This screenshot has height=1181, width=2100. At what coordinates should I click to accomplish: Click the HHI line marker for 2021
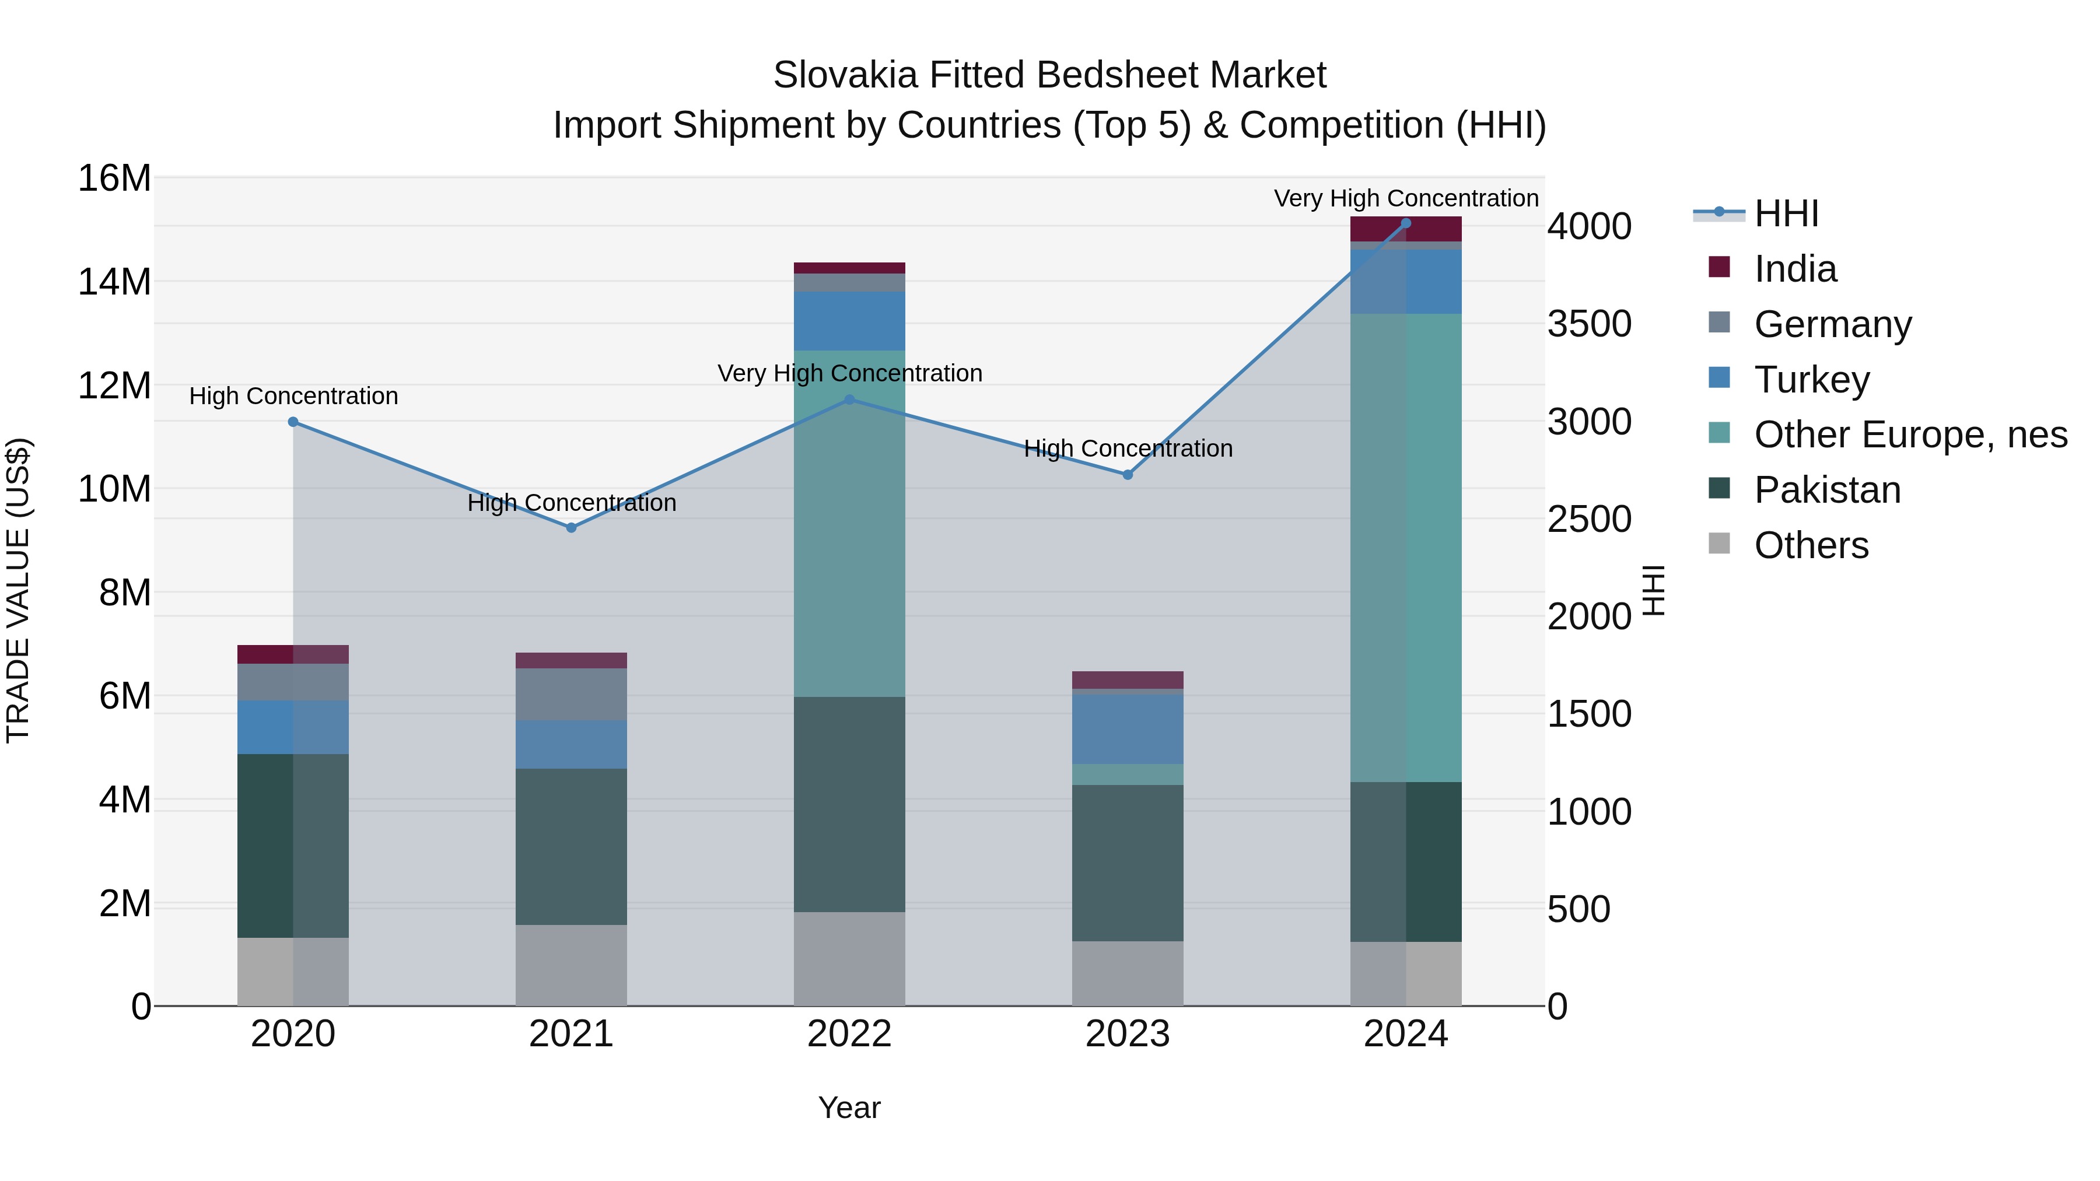click(x=572, y=528)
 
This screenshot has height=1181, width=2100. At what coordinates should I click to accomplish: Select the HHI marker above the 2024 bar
click(x=1405, y=223)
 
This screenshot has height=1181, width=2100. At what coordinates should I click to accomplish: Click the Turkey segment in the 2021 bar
click(x=572, y=744)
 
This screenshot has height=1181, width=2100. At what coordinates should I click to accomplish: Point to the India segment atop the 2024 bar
click(x=1405, y=229)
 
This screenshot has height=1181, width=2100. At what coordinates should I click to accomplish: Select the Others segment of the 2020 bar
click(x=293, y=972)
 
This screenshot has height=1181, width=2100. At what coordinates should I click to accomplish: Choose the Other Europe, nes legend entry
click(x=1910, y=434)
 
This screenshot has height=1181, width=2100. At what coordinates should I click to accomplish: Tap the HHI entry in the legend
click(x=1786, y=213)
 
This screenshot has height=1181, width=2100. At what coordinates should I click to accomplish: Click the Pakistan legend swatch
click(x=1719, y=488)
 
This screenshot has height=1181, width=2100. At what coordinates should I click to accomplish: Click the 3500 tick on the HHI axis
click(x=1590, y=324)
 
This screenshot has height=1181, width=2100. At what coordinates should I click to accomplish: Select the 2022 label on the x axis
click(x=849, y=1034)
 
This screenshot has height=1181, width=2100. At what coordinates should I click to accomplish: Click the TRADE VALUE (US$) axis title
click(x=18, y=590)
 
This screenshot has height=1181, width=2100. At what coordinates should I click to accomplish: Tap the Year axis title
click(x=849, y=1108)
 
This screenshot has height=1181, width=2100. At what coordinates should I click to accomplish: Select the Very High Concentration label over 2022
click(x=849, y=373)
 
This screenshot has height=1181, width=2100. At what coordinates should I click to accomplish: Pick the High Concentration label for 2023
click(x=1128, y=448)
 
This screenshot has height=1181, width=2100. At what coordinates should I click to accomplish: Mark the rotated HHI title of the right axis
click(x=1653, y=590)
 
